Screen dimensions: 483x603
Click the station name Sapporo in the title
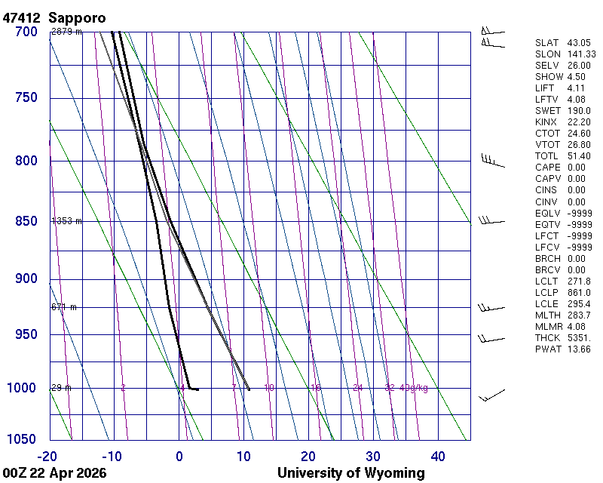[77, 17]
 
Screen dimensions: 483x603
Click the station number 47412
[22, 17]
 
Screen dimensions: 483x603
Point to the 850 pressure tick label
[26, 221]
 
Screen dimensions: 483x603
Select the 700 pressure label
[26, 32]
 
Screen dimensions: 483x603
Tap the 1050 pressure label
[23, 439]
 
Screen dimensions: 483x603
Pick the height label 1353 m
[66, 221]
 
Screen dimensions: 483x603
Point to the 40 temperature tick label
[438, 456]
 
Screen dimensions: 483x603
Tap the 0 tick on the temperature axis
[179, 456]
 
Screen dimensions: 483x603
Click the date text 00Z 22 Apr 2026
[54, 473]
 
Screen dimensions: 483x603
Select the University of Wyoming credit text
[351, 473]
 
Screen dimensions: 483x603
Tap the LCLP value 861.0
[578, 292]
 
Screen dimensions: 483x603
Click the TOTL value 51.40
[578, 156]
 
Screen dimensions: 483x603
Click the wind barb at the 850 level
[491, 220]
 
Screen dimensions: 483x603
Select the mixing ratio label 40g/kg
[413, 388]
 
